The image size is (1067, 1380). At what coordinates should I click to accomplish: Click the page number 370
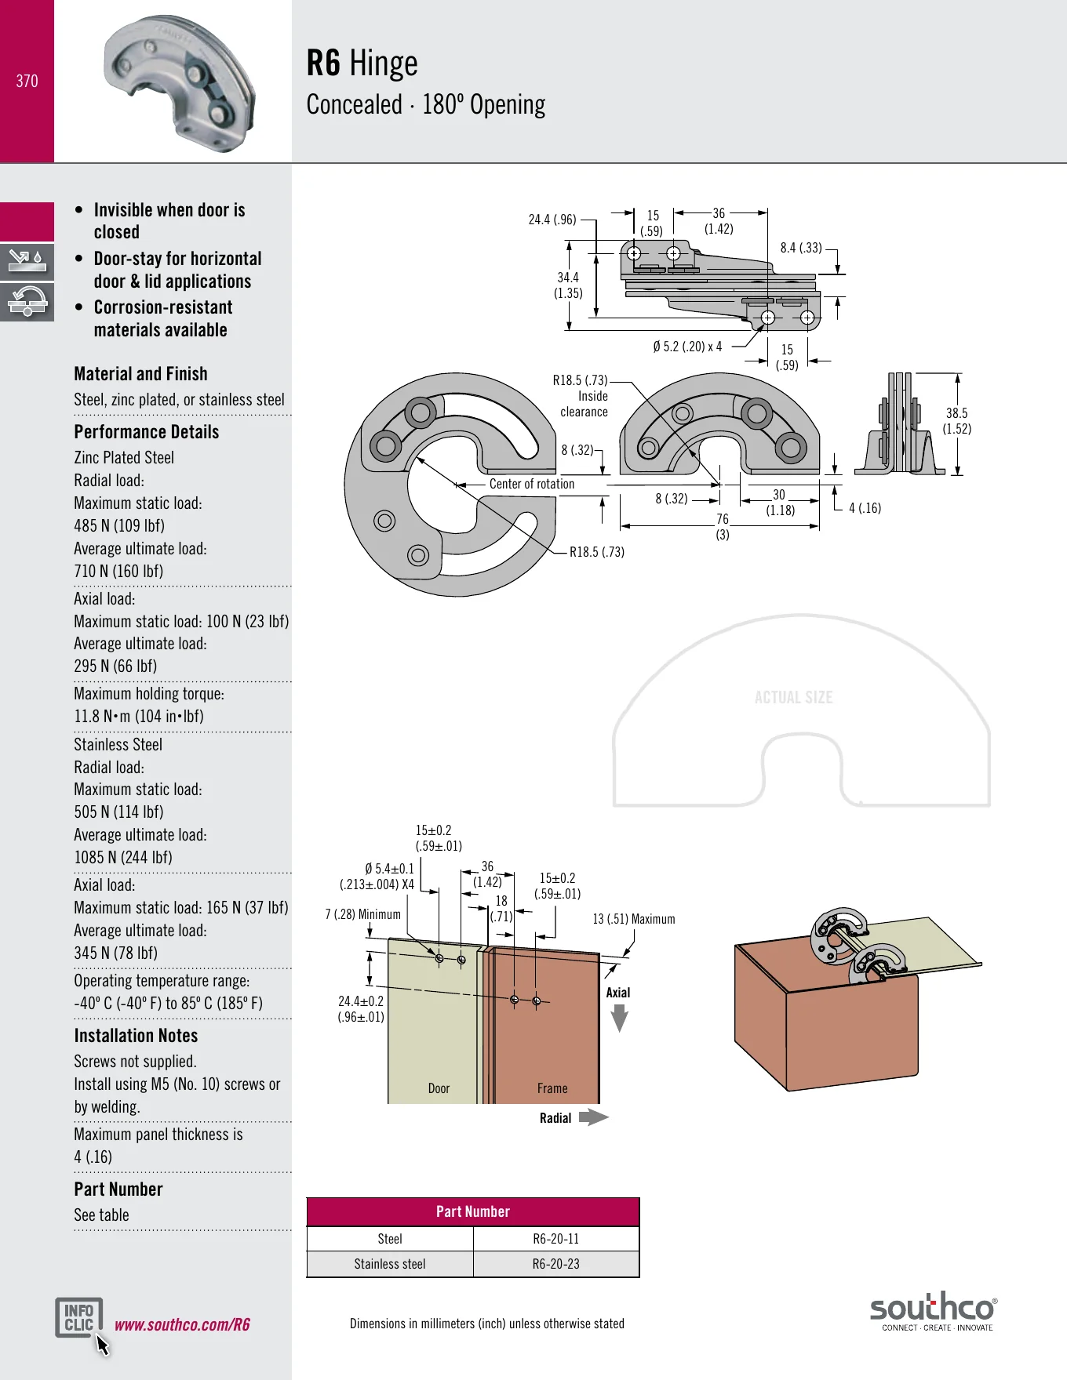[27, 81]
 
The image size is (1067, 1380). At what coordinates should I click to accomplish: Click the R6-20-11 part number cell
[556, 1239]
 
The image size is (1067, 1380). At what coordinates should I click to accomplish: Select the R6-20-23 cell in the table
[556, 1264]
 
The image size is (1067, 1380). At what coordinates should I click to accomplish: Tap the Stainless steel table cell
[390, 1264]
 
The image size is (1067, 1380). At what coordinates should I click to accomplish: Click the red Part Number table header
[473, 1211]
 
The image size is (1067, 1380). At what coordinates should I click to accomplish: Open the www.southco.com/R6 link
[182, 1324]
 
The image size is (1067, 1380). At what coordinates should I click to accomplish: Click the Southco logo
[934, 1311]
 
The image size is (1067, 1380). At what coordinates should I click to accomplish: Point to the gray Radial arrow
[594, 1117]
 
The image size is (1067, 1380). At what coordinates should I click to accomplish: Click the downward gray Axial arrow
[620, 1018]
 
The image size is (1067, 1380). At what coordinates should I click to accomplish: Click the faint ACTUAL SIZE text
[793, 697]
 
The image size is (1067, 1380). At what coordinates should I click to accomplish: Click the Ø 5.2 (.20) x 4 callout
[687, 347]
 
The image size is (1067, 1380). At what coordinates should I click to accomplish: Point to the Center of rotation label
[532, 484]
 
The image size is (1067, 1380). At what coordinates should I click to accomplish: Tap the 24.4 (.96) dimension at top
[552, 220]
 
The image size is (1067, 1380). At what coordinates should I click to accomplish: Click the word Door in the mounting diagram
[439, 1088]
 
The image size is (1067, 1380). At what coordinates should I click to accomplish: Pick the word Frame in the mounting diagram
[552, 1088]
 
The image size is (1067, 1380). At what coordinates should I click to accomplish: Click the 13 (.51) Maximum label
[634, 919]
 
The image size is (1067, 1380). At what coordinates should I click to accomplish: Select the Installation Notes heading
[136, 1036]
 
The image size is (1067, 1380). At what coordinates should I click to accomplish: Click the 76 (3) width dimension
[723, 527]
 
